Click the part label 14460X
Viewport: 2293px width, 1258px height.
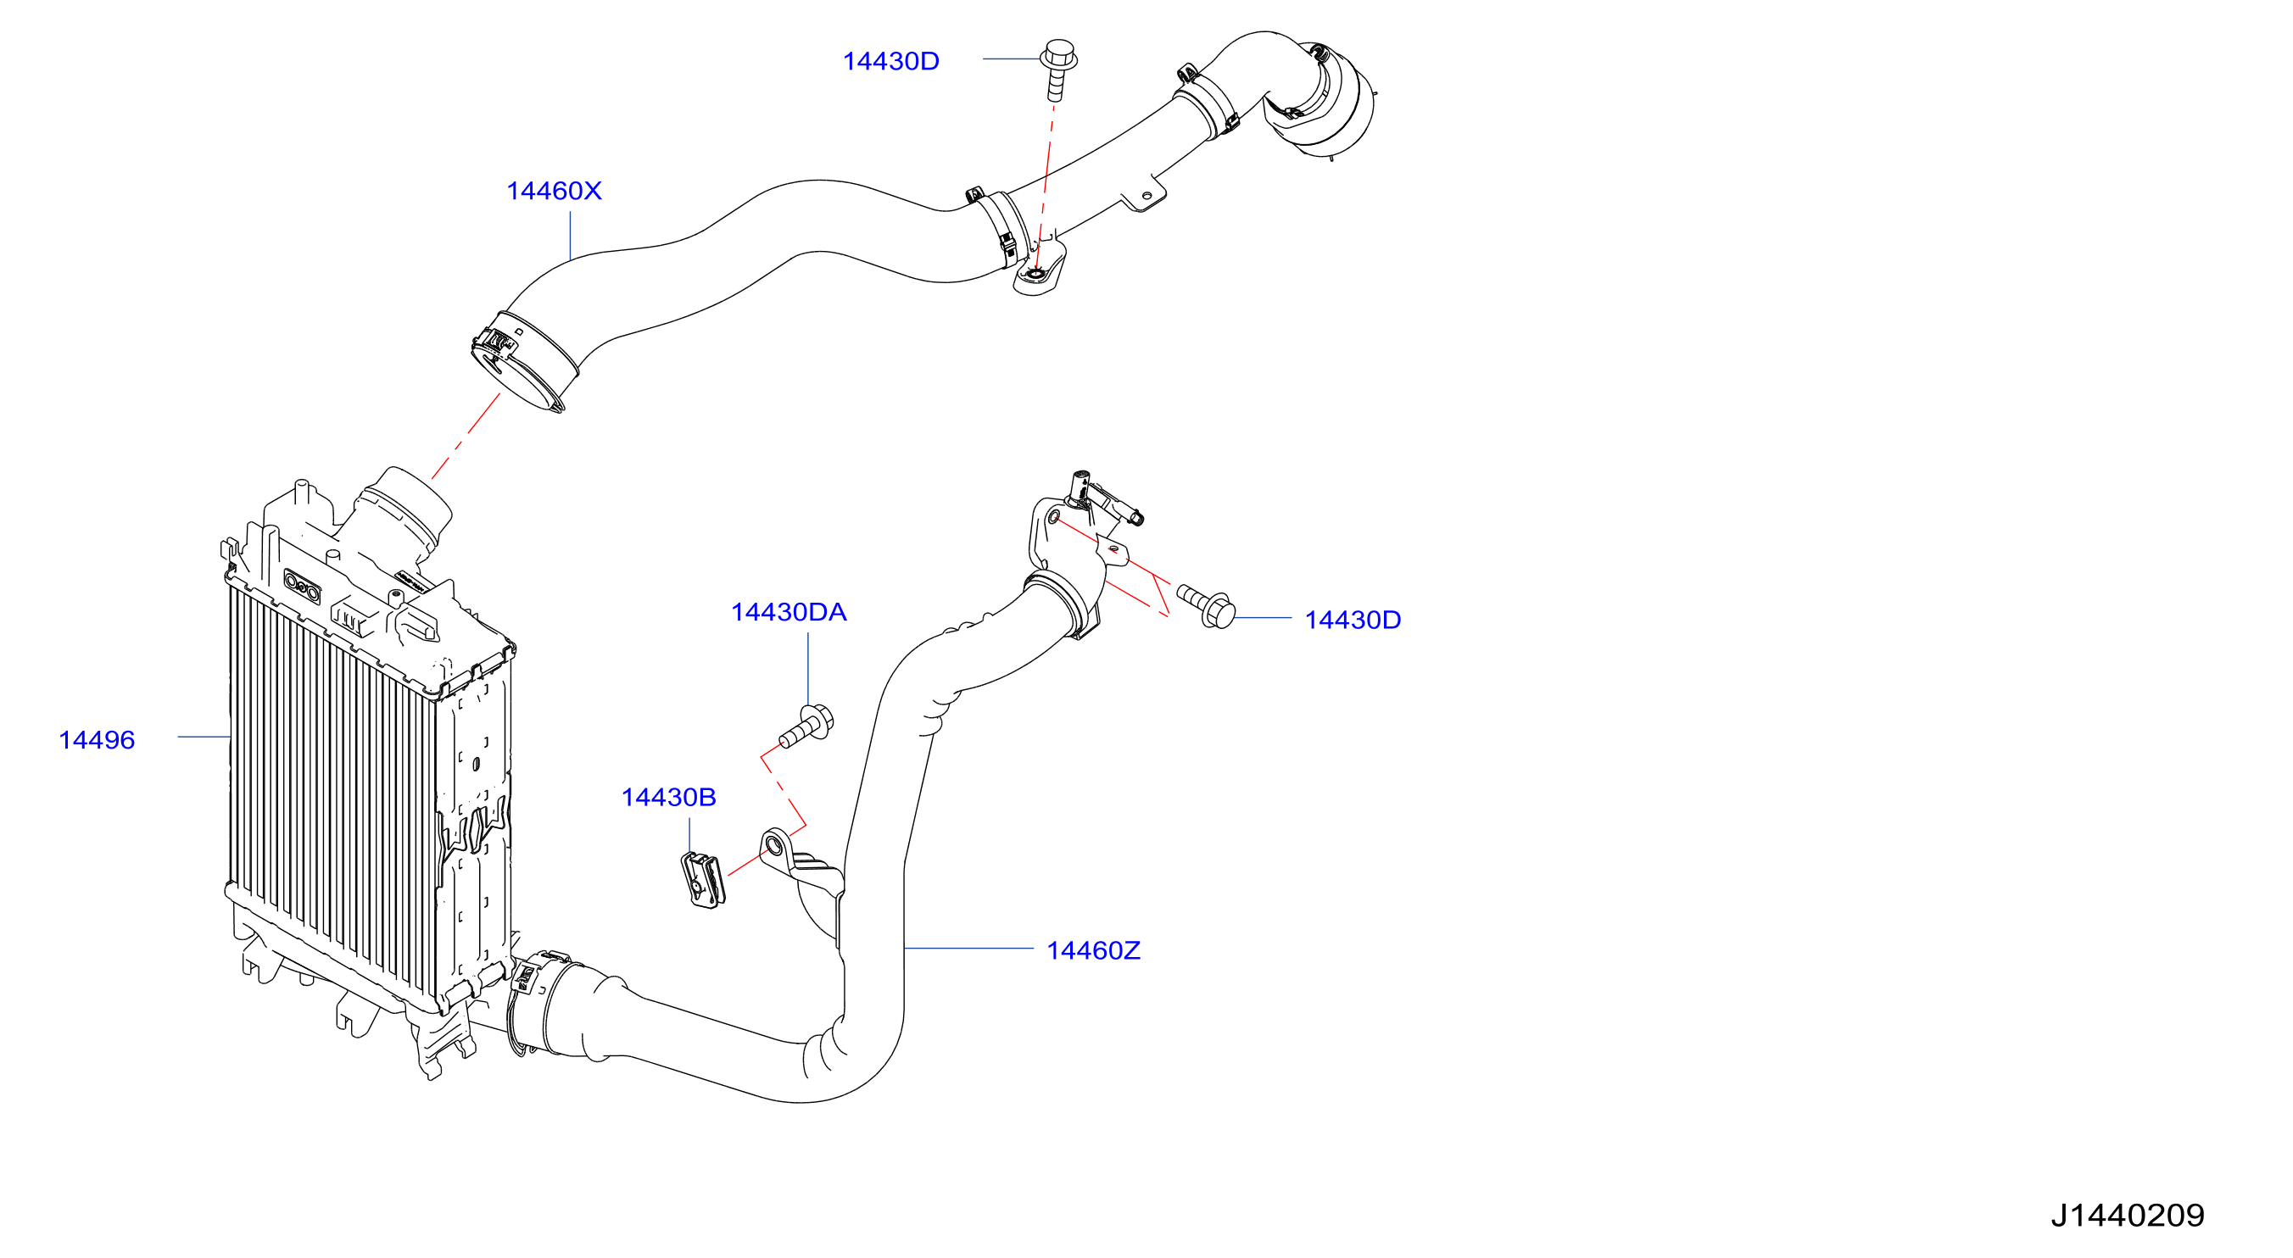[554, 191]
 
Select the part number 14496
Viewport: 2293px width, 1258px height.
[96, 739]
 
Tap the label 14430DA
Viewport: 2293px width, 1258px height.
[789, 612]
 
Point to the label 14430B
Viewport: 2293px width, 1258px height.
[668, 797]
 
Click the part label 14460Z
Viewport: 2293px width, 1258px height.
[1093, 950]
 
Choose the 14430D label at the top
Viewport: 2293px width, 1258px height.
[891, 60]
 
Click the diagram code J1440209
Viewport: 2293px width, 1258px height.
[2128, 1216]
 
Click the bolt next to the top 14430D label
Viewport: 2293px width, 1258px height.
[1057, 67]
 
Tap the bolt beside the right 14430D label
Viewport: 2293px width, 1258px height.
[1206, 604]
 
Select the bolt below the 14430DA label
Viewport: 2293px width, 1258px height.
[806, 726]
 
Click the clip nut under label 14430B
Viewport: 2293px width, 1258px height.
[702, 880]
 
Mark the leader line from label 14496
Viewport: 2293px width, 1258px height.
[204, 737]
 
